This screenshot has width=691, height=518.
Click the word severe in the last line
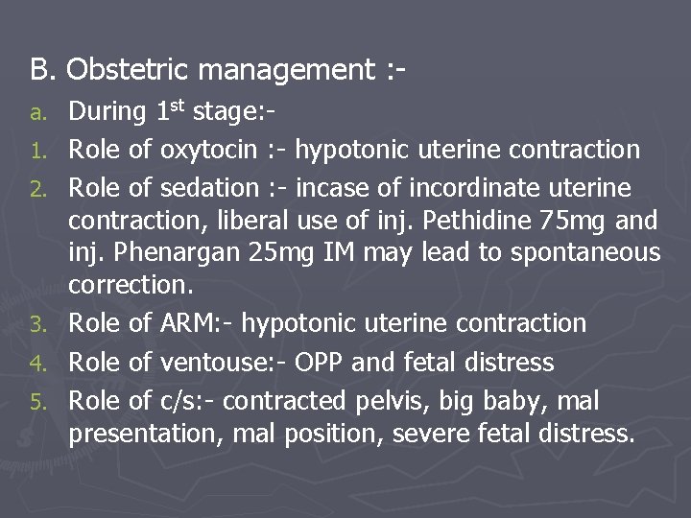[x=441, y=434]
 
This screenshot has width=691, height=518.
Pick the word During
[x=107, y=111]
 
